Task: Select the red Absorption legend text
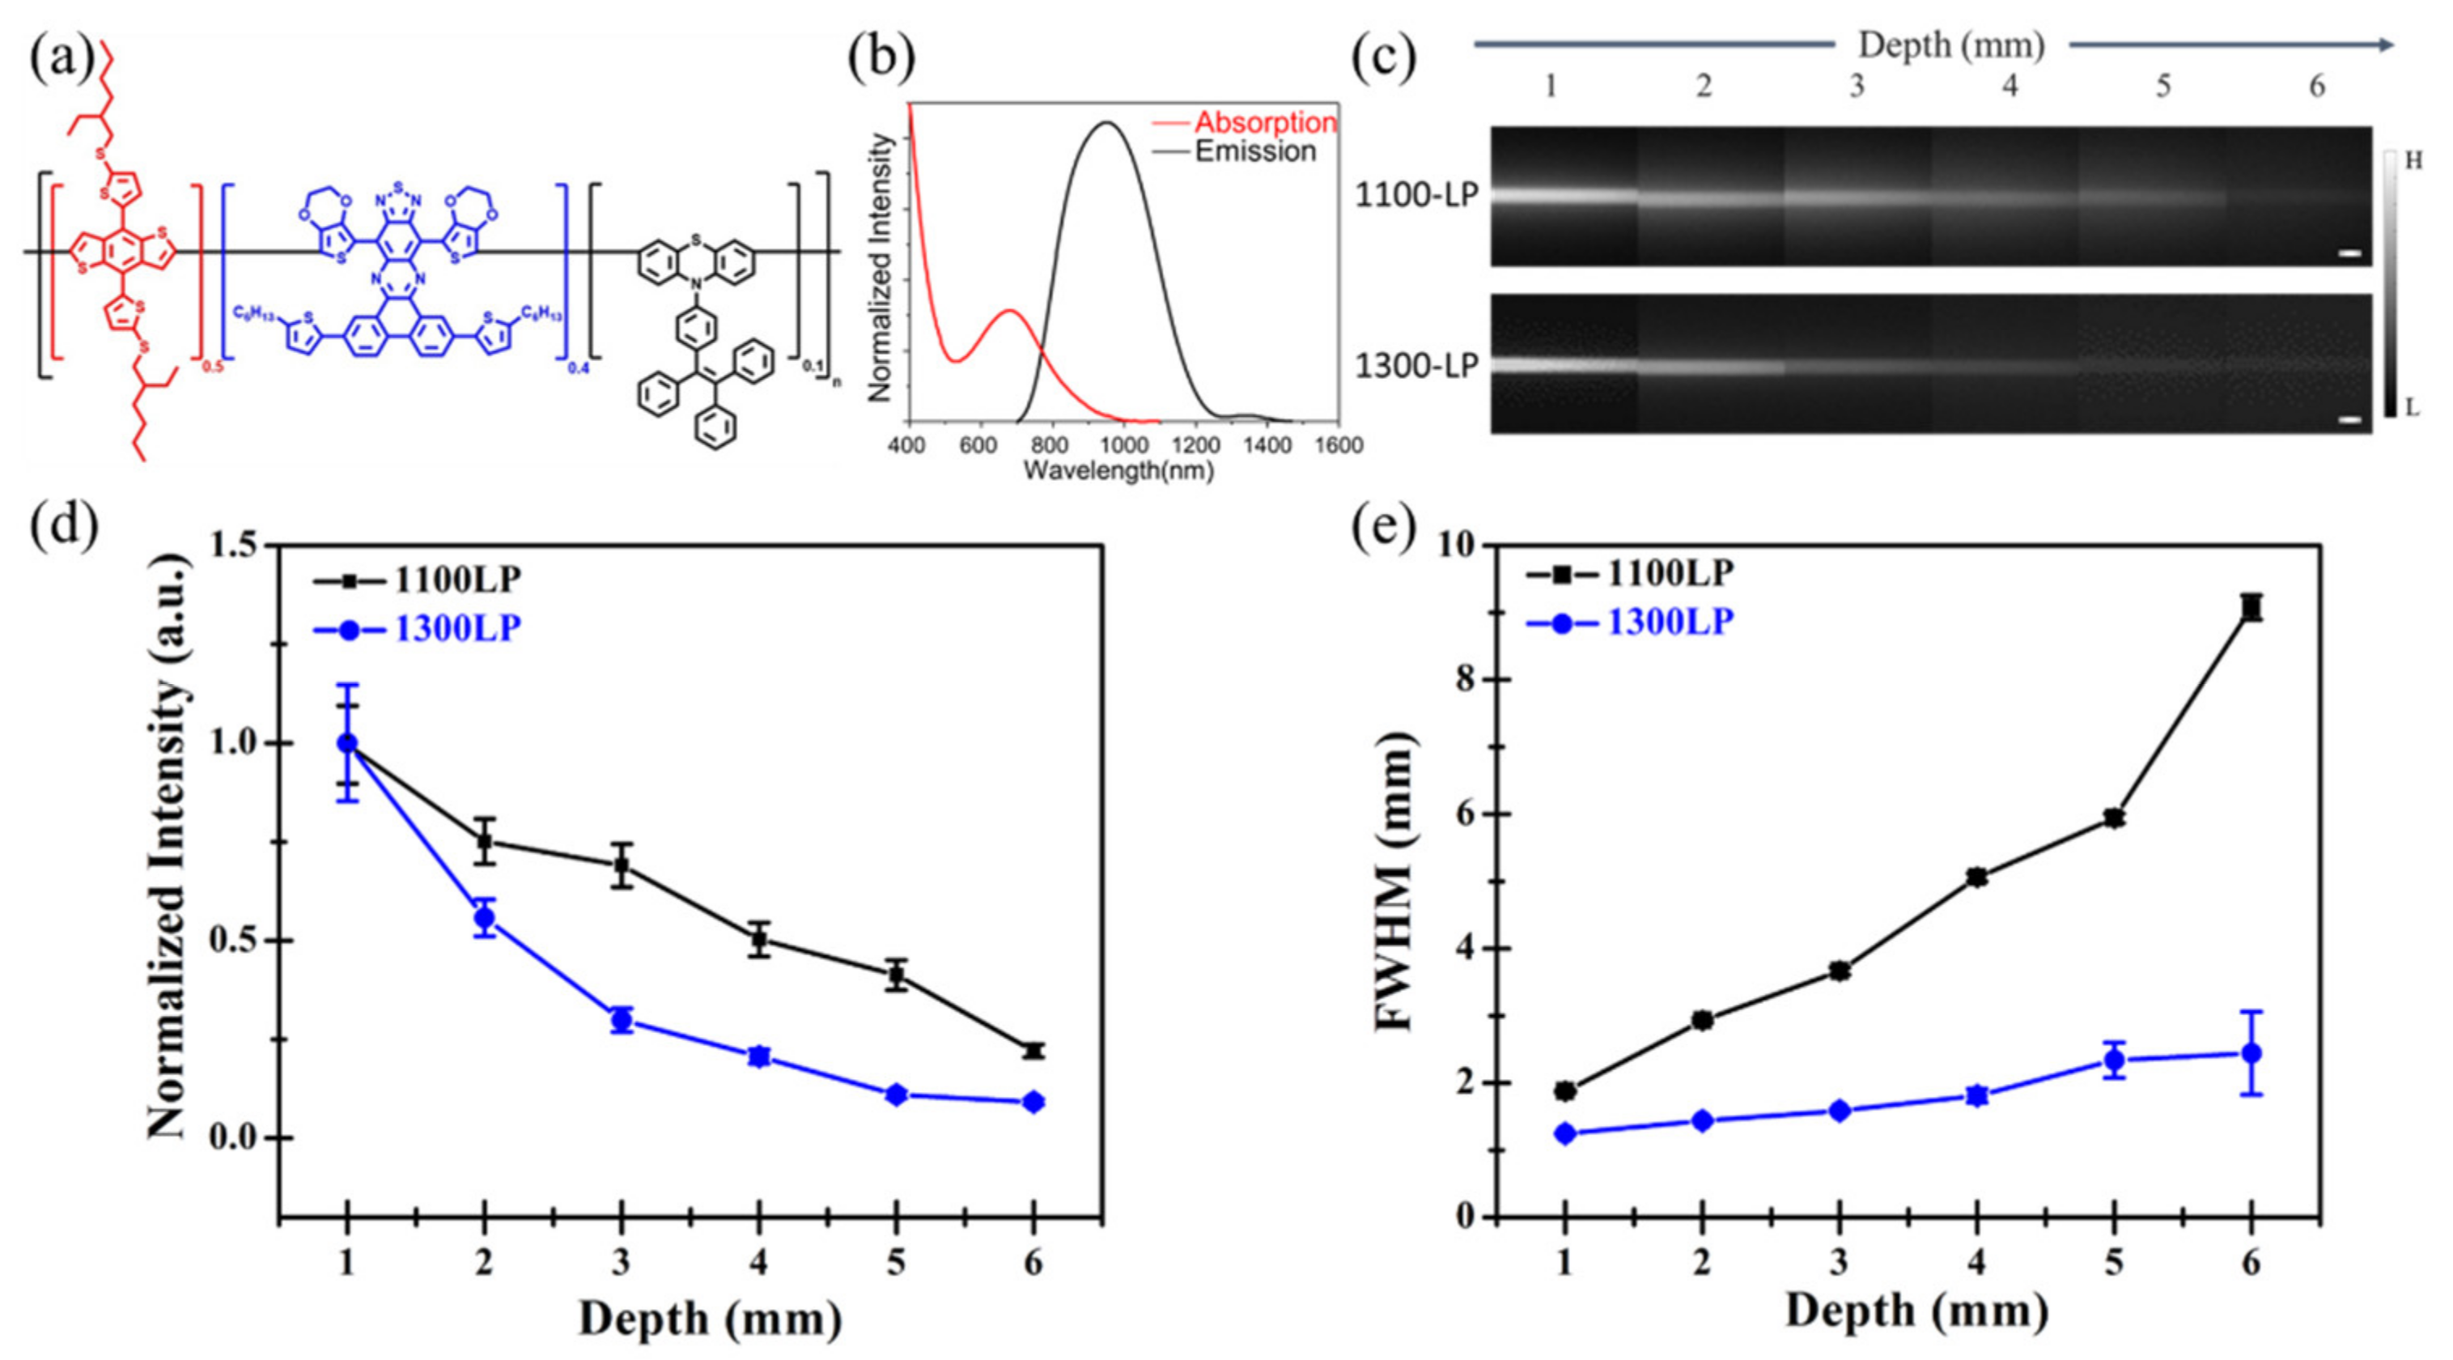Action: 1266,123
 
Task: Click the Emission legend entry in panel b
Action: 1255,152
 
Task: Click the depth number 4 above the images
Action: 2010,87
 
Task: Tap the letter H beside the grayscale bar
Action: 2413,161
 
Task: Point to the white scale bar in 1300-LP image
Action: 2350,419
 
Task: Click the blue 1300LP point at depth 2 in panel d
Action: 485,918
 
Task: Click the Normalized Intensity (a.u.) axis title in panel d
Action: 168,843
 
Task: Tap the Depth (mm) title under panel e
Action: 1916,1311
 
